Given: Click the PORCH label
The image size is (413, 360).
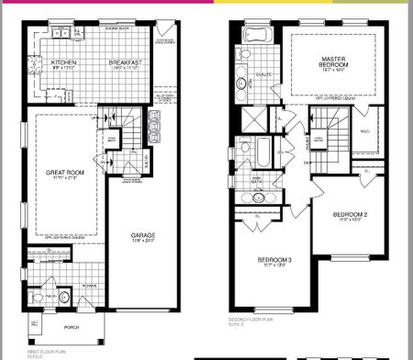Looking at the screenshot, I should (70, 326).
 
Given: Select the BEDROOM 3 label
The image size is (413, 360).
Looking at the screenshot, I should (277, 261).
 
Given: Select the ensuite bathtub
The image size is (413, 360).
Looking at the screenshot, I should (251, 36).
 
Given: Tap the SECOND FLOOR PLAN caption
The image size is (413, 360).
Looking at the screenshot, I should (251, 321).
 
